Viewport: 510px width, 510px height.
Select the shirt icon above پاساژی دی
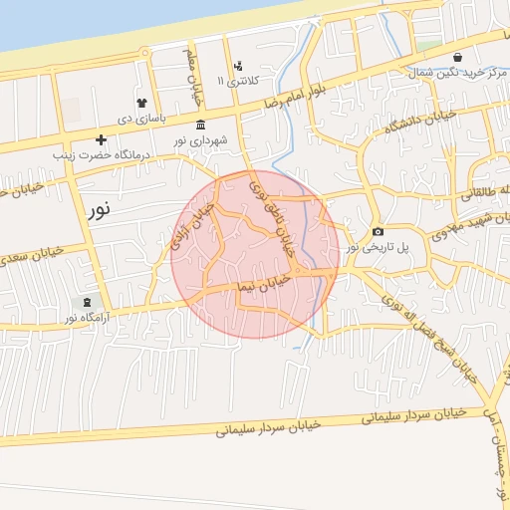142,103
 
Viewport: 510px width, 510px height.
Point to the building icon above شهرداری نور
201,126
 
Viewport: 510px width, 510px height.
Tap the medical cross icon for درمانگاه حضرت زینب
101,140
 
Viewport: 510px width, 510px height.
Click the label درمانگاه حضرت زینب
101,155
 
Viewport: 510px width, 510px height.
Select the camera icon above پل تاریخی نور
378,231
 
